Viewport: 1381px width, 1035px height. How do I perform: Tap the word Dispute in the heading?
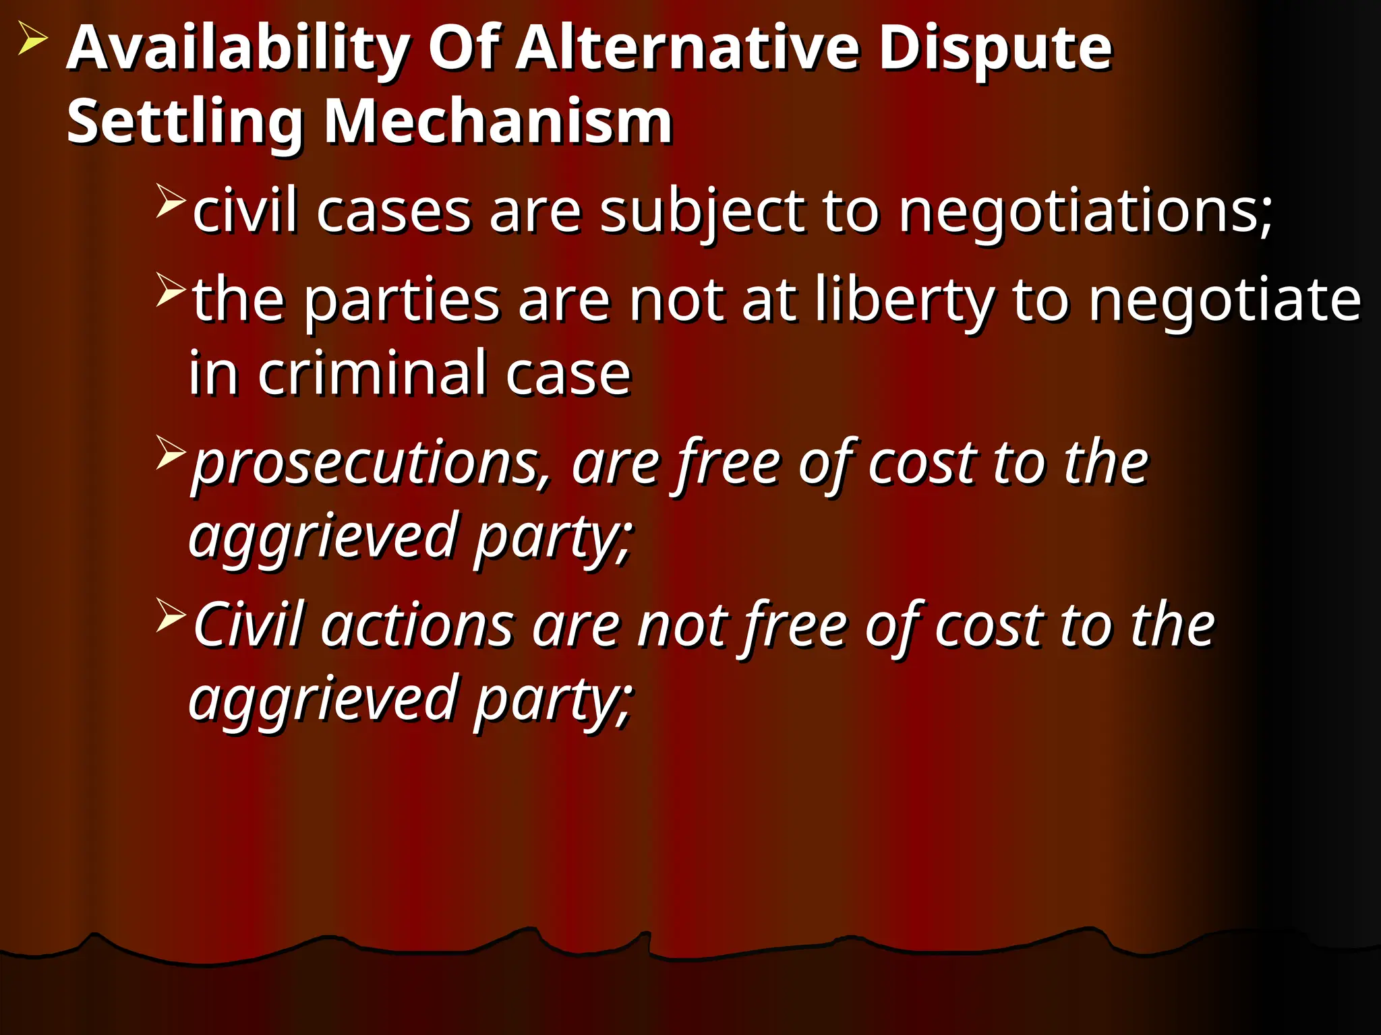pyautogui.click(x=995, y=50)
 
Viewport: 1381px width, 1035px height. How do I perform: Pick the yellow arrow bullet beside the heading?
pyautogui.click(x=32, y=38)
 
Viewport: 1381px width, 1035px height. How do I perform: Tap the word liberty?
pyautogui.click(x=904, y=300)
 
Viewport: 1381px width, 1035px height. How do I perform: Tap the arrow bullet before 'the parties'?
pyautogui.click(x=170, y=289)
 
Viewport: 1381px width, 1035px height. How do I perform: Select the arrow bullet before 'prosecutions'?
pyautogui.click(x=170, y=452)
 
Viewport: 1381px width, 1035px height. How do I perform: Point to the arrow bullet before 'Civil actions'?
pyautogui.click(x=170, y=615)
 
